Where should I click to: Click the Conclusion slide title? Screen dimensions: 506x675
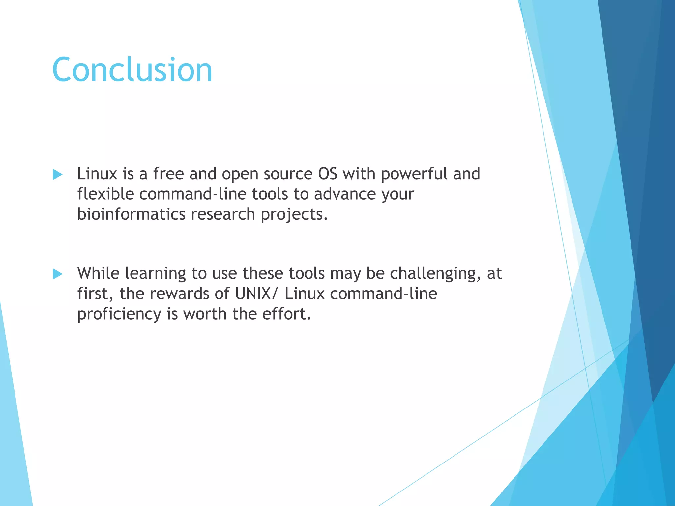click(x=132, y=70)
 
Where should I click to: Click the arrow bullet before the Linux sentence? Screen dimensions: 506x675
click(x=57, y=174)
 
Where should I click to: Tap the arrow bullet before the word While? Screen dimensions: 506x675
click(x=57, y=274)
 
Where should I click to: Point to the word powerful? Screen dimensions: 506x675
click(x=414, y=174)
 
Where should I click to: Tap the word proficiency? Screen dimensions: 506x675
click(x=119, y=314)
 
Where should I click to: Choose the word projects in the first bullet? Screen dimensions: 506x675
click(x=294, y=214)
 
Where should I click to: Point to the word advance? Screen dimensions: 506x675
click(x=345, y=194)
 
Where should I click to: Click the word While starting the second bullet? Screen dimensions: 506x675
click(x=98, y=273)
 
